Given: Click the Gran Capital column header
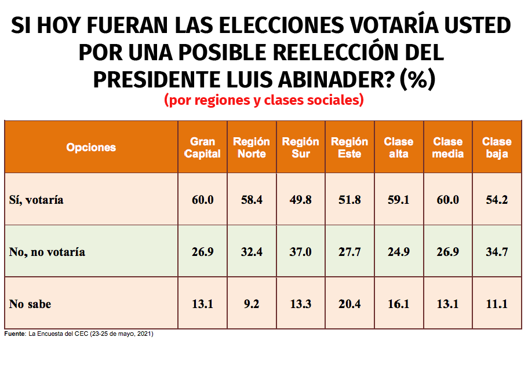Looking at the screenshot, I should tap(203, 148).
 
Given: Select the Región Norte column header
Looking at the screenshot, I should tap(252, 148).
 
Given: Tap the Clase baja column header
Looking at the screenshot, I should tap(497, 148).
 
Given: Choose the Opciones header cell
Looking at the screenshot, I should tap(91, 148).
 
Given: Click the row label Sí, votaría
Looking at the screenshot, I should tap(37, 200).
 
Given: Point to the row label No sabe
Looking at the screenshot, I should tap(30, 304).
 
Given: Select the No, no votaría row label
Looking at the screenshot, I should tap(48, 252).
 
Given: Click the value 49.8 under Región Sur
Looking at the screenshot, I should tap(300, 200).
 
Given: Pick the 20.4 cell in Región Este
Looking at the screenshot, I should tap(349, 303).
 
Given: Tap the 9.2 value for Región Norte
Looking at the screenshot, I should tap(252, 303).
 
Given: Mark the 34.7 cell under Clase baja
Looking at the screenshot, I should tap(497, 251).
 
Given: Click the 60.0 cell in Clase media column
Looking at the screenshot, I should tap(447, 200).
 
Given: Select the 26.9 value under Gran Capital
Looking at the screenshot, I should tap(203, 251).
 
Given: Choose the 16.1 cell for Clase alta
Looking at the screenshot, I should tap(398, 303).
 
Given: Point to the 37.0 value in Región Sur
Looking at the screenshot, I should tap(300, 251).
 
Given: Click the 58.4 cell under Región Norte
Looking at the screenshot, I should tap(252, 200).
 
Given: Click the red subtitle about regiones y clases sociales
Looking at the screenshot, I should tap(264, 100).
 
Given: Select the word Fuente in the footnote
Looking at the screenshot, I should tap(14, 334).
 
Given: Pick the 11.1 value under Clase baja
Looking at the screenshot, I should tap(497, 303).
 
